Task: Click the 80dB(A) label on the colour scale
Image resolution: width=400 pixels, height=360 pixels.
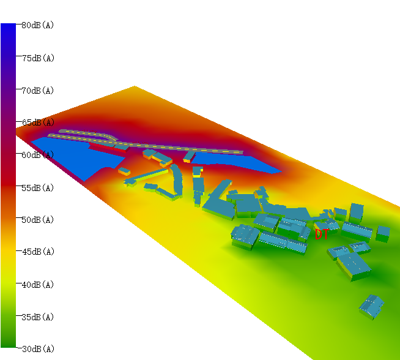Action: (x=38, y=25)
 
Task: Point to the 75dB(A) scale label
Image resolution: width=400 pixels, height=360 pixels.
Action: (x=39, y=58)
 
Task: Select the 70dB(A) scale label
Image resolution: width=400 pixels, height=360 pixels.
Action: (x=38, y=91)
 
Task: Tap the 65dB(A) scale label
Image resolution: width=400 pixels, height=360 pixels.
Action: (x=39, y=122)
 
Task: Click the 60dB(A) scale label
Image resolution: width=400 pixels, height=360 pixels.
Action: (x=38, y=155)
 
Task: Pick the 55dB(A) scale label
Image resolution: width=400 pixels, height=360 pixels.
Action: (x=38, y=188)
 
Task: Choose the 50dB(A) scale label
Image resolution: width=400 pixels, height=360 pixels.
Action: (x=38, y=220)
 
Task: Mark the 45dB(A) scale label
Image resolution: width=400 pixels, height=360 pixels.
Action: (x=39, y=252)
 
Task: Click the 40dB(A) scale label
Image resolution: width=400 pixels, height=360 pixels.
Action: (x=38, y=285)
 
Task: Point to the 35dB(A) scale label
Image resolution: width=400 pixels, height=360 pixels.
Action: (x=38, y=317)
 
